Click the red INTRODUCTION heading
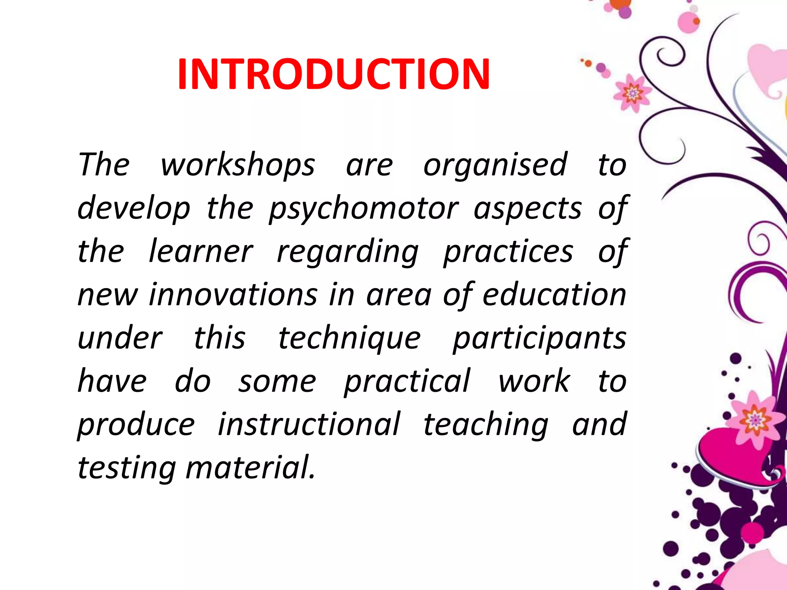pyautogui.click(x=334, y=74)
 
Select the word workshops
pyautogui.click(x=238, y=165)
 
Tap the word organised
pyautogui.click(x=495, y=165)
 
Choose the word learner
pyautogui.click(x=201, y=252)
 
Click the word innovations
pyautogui.click(x=233, y=295)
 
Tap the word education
pyautogui.click(x=554, y=295)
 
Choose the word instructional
pyautogui.click(x=309, y=424)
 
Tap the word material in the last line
pyautogui.click(x=250, y=468)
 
